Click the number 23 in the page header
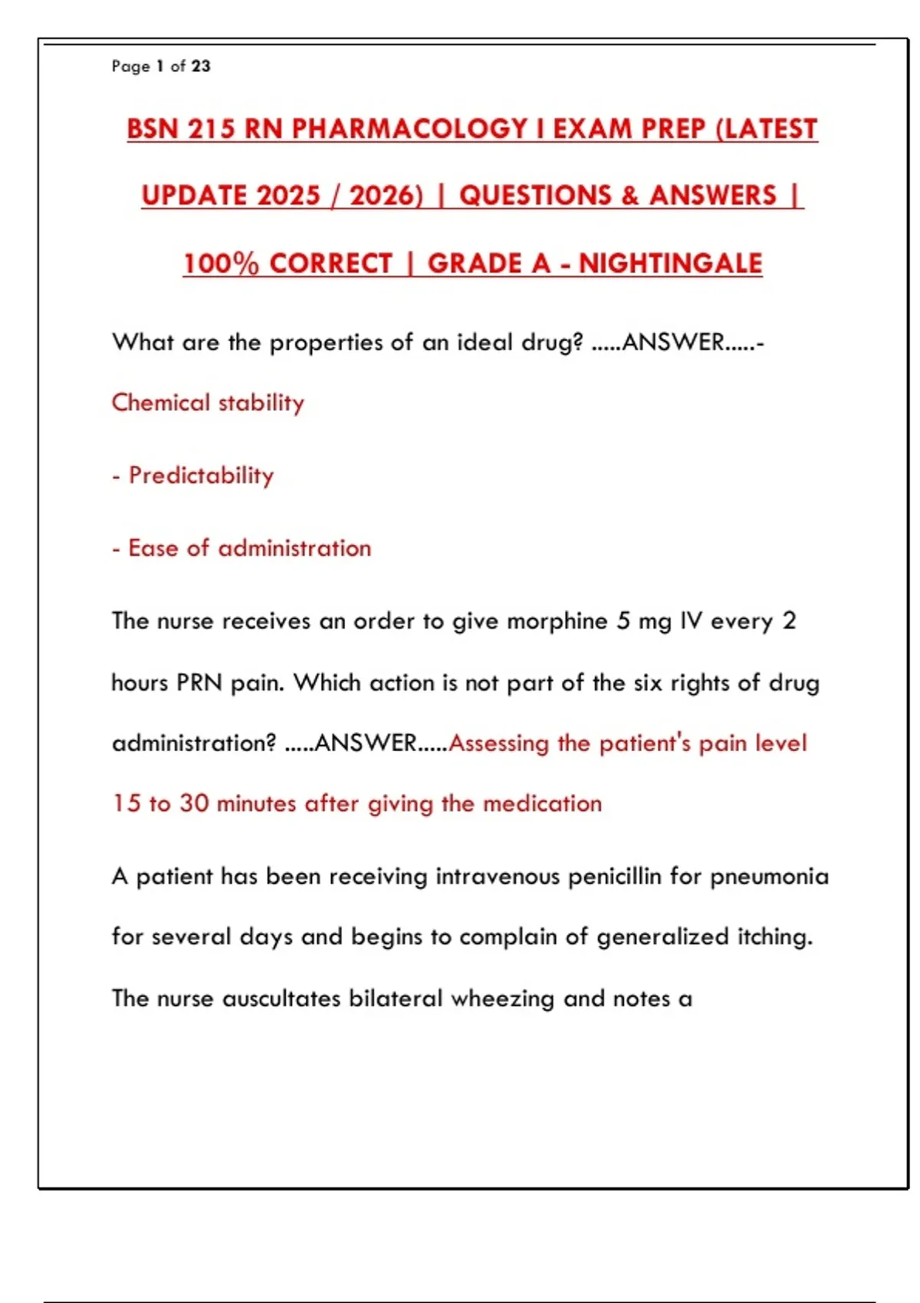pyautogui.click(x=201, y=67)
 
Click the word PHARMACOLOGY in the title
pyautogui.click(x=409, y=129)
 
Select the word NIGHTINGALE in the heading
pyautogui.click(x=671, y=264)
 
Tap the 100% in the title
pyautogui.click(x=221, y=264)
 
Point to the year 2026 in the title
pyautogui.click(x=386, y=196)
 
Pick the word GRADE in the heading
pyautogui.click(x=489, y=264)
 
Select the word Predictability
pyautogui.click(x=201, y=475)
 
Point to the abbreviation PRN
pyautogui.click(x=199, y=682)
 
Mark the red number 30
pyautogui.click(x=194, y=803)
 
